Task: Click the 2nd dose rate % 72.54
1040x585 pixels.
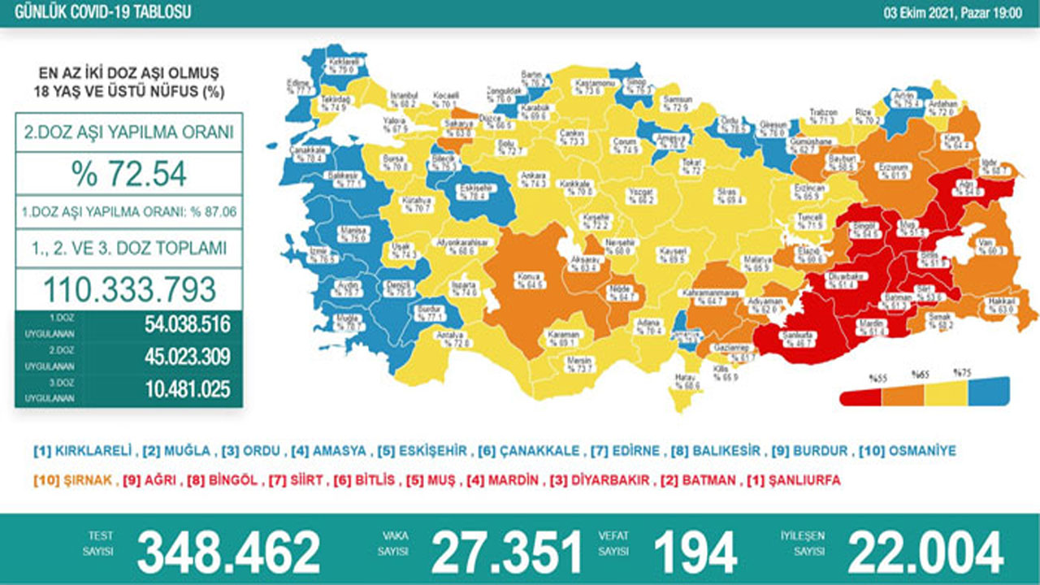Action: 129,173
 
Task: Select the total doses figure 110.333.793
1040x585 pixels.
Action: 129,289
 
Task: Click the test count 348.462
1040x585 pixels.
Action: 228,553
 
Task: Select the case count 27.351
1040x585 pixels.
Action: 506,553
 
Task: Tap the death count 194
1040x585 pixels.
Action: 695,553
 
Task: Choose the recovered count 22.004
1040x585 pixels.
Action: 925,553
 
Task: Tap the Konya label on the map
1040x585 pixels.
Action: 529,280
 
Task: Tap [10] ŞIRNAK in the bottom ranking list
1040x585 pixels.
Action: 72,480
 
